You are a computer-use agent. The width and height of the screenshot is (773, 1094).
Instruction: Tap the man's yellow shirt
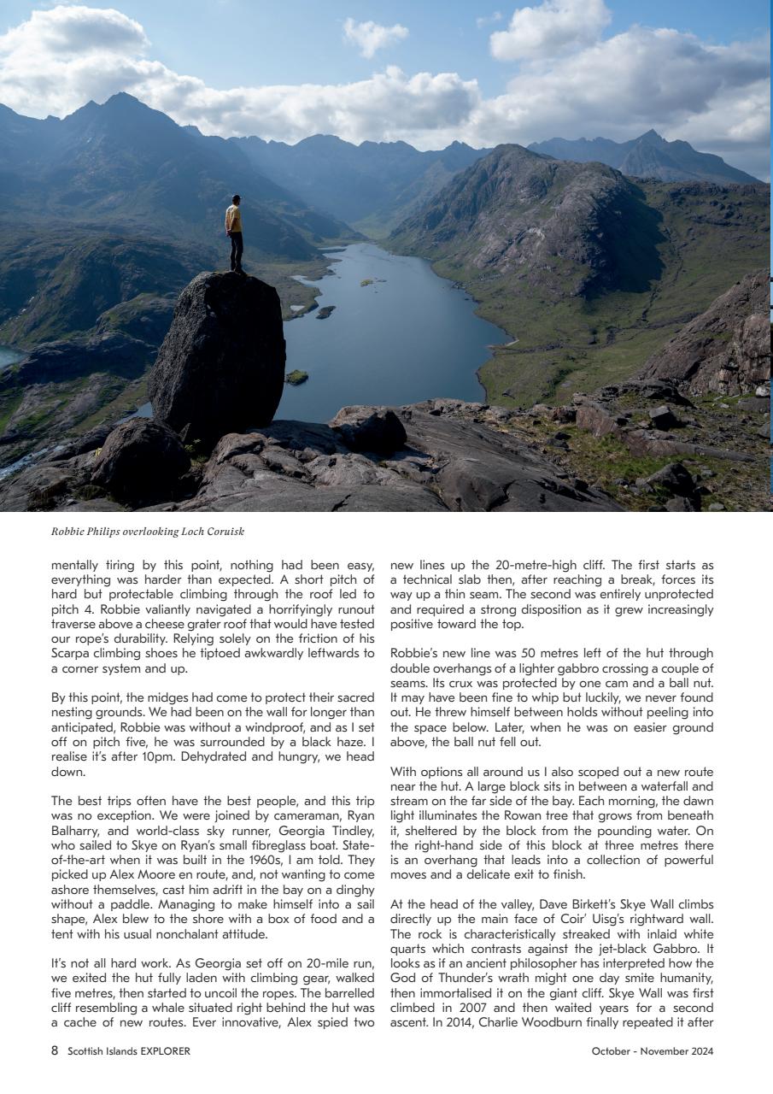(x=233, y=220)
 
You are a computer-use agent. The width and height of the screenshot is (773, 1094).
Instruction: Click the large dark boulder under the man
(x=219, y=350)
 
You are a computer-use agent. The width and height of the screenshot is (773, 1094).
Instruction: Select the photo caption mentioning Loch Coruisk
(x=148, y=532)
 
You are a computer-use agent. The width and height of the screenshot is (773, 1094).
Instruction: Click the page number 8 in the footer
(x=55, y=1051)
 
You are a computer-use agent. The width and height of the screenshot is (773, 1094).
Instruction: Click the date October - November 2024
(x=653, y=1051)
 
